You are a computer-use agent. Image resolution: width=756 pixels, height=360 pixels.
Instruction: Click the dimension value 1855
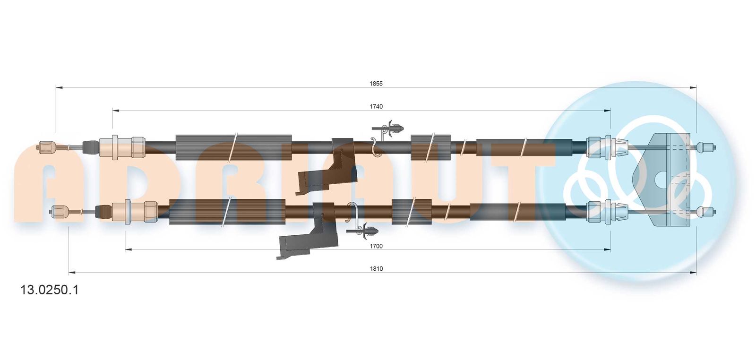[x=376, y=84]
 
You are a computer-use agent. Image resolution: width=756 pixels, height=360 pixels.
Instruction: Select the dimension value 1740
[x=376, y=107]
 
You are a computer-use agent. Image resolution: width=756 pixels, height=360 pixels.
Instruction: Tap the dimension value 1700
[x=376, y=246]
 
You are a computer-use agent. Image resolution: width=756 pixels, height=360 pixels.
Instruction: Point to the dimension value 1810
[x=376, y=269]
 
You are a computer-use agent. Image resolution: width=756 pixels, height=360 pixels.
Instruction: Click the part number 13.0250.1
[x=50, y=290]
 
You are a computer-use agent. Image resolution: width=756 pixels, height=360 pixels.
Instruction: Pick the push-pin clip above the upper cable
[x=388, y=128]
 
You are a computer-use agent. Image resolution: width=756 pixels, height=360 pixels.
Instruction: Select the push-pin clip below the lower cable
[x=363, y=231]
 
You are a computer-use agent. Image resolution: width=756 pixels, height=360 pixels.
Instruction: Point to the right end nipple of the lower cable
[x=706, y=212]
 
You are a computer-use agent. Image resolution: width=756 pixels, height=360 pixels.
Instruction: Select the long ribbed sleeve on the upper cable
[x=233, y=147]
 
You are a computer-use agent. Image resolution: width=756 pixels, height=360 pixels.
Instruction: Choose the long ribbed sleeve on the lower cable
[x=227, y=212]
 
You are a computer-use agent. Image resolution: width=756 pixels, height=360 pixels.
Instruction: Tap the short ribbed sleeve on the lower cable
[x=412, y=212]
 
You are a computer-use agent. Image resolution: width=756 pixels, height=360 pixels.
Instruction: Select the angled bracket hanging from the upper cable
[x=325, y=167]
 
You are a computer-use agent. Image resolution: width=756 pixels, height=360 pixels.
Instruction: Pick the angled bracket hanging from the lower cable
[x=307, y=231]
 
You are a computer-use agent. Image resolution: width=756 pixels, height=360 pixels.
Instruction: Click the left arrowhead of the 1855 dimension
[x=59, y=88]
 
